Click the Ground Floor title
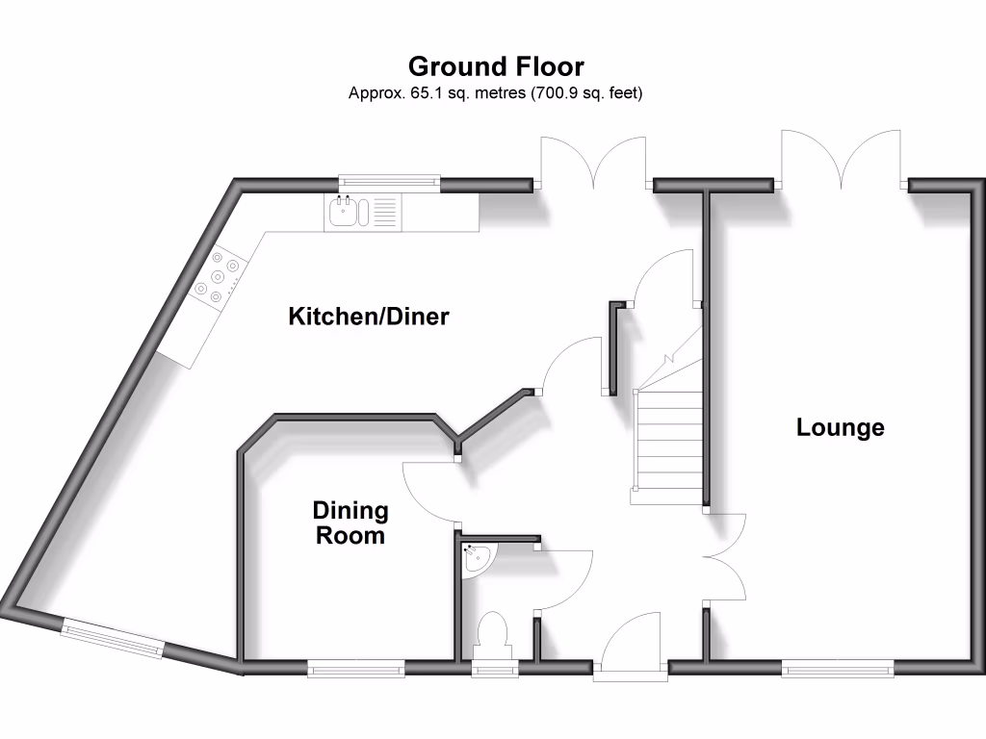click(495, 66)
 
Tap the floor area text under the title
click(495, 94)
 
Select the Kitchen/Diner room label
click(369, 317)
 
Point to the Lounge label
click(840, 427)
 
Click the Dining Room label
click(350, 523)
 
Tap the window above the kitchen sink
click(389, 180)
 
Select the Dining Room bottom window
click(355, 667)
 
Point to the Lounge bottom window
click(837, 667)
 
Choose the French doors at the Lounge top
click(843, 159)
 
